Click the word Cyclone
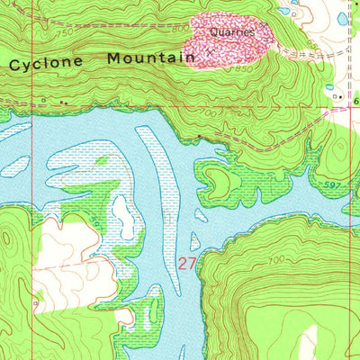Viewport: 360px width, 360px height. pyautogui.click(x=46, y=63)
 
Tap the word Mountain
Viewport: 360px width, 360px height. pyautogui.click(x=150, y=58)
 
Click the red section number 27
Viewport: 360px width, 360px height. pyautogui.click(x=186, y=264)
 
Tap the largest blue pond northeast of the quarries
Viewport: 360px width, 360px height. pyautogui.click(x=342, y=18)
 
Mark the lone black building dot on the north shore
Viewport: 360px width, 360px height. pyautogui.click(x=199, y=137)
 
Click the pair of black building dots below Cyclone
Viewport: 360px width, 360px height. pyautogui.click(x=63, y=103)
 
